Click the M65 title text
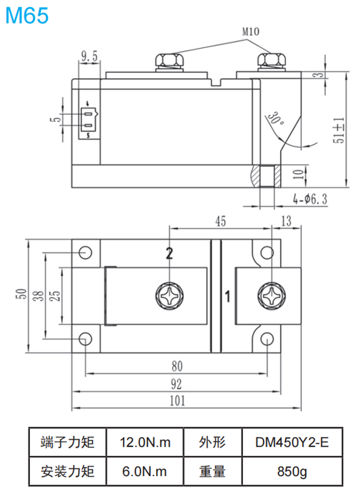(26, 15)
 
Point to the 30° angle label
(275, 116)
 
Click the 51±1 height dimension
(339, 128)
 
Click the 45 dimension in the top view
(220, 221)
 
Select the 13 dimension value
(287, 221)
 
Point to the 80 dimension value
(176, 366)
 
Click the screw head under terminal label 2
(170, 296)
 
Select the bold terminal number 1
(228, 296)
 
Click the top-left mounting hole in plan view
(86, 252)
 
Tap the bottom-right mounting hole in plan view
(268, 340)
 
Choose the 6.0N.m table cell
(145, 471)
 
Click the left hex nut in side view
(169, 61)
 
